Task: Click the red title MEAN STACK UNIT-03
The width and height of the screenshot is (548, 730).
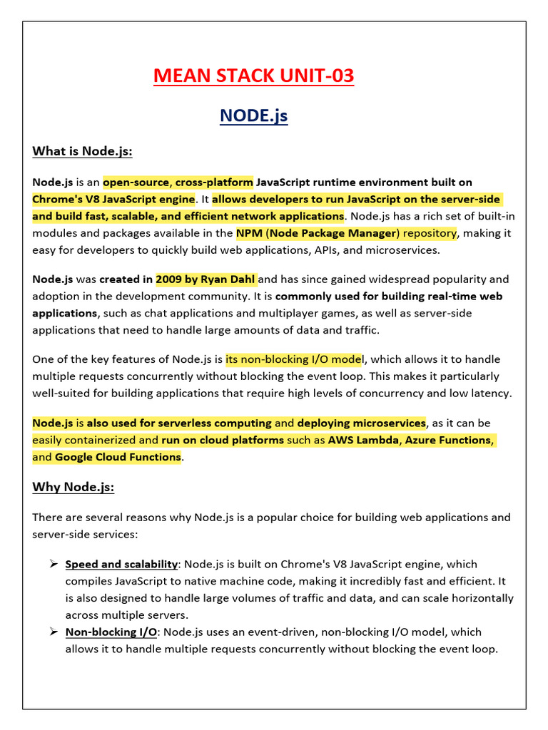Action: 253,76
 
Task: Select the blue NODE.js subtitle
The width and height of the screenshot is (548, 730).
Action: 253,115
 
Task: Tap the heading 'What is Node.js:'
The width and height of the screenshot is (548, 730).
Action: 82,151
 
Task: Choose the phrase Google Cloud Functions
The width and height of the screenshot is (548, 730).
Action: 118,457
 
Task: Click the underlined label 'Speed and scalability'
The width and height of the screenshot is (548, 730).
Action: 121,564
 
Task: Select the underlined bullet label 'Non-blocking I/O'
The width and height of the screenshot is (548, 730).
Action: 111,632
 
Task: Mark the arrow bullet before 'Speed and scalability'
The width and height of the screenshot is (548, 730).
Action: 53,564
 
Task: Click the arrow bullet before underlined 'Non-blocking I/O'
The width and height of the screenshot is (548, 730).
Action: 53,632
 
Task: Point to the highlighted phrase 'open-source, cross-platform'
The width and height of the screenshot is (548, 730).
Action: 178,182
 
